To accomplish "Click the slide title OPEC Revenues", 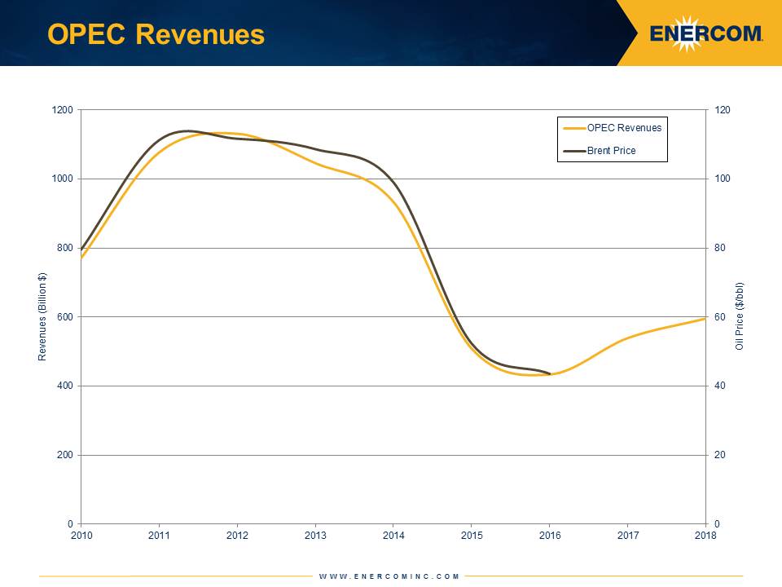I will [156, 34].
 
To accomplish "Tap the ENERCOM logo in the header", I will [706, 33].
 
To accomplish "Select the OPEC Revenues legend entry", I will [624, 127].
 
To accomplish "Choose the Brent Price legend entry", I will [611, 151].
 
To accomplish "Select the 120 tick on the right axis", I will [722, 110].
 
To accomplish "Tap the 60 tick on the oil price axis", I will [719, 317].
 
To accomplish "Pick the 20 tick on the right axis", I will [719, 455].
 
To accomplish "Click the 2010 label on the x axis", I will [81, 535].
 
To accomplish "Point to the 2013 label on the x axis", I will [315, 535].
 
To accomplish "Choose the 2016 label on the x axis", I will [549, 535].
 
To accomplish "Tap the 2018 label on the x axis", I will [705, 535].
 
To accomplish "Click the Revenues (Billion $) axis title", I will [42, 317].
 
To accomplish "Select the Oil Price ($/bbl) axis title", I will [740, 317].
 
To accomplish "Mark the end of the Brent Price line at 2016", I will [550, 374].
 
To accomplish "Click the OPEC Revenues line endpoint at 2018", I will [705, 318].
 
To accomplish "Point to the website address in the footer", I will [389, 576].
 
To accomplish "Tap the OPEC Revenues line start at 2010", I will [81, 258].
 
